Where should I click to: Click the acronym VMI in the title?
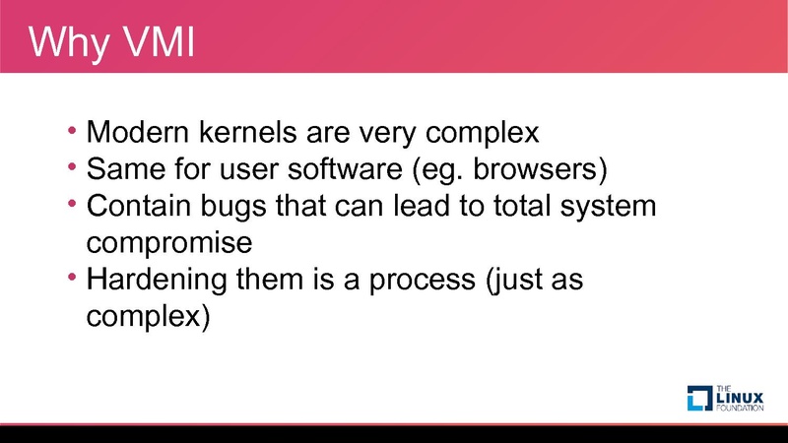pos(159,41)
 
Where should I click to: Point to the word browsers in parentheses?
pos(535,168)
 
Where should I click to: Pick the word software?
pos(345,168)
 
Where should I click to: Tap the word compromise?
pos(169,243)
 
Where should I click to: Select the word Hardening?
pos(157,280)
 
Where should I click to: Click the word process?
pos(423,281)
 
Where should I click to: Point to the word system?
pos(608,207)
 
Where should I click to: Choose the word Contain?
pos(138,206)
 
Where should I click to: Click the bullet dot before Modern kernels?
pos(72,130)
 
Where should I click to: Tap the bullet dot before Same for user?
pos(72,166)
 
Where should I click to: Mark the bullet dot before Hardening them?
pos(72,278)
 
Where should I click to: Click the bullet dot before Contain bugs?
pos(72,204)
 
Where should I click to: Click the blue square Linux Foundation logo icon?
pos(699,399)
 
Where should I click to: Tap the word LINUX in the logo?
pos(741,398)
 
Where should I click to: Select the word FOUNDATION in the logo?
pos(741,408)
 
